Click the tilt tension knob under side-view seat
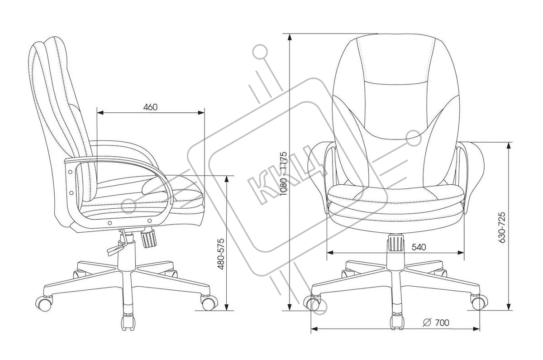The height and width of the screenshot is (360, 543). [x=149, y=238]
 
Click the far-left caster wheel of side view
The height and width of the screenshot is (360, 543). [x=44, y=303]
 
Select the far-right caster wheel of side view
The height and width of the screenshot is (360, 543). [x=208, y=302]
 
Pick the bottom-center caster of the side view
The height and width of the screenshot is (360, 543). [x=128, y=322]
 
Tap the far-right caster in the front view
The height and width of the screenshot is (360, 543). [x=479, y=301]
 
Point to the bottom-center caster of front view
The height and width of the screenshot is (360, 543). [x=397, y=321]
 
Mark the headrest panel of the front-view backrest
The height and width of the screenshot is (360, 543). [x=395, y=59]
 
